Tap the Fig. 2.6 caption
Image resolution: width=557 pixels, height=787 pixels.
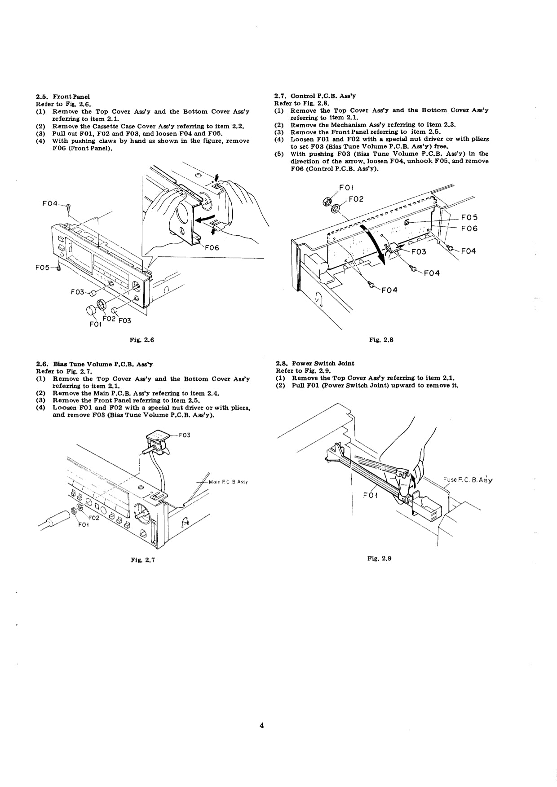(142, 340)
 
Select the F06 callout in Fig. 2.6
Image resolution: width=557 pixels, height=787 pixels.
(212, 248)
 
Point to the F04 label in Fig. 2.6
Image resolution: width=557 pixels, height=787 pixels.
(50, 204)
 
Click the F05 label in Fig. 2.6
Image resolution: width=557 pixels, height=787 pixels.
(44, 268)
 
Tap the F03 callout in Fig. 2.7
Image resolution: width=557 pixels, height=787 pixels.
(185, 435)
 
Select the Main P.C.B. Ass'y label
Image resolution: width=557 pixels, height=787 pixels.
(229, 482)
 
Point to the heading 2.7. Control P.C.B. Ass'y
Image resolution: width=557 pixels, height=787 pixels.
(315, 96)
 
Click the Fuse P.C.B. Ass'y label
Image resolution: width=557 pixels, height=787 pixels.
(468, 479)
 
